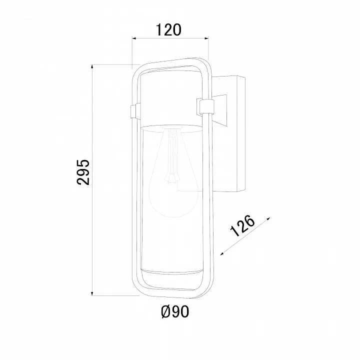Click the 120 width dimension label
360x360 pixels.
[x=168, y=30]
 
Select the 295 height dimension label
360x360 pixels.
[x=83, y=172]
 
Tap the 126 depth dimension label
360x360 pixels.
[x=242, y=225]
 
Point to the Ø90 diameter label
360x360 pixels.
[x=175, y=311]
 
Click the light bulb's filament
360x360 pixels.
[x=171, y=156]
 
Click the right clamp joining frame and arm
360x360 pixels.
[x=205, y=107]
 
